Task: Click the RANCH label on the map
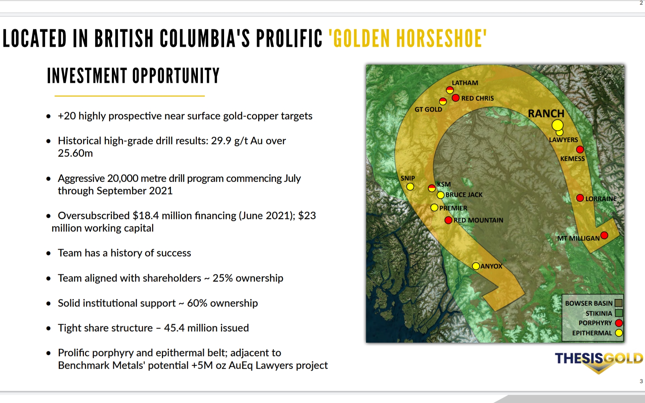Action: (x=546, y=114)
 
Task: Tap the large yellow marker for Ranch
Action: (x=557, y=125)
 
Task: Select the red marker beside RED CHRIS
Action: (x=456, y=98)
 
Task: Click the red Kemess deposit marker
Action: (x=580, y=149)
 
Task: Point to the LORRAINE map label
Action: (x=601, y=198)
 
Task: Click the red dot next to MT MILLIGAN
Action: (x=604, y=235)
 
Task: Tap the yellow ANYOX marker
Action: (x=476, y=266)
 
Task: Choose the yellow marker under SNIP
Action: (x=410, y=187)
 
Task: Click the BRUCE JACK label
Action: (x=464, y=195)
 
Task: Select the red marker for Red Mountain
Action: (x=448, y=220)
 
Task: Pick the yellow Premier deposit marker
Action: (x=434, y=208)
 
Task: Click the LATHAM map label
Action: (x=465, y=83)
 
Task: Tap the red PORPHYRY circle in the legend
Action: (x=619, y=323)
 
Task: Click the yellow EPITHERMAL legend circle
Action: (x=619, y=333)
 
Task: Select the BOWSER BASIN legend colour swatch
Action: (x=618, y=303)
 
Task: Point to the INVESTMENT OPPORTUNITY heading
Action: (x=133, y=76)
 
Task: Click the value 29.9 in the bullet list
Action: (x=221, y=141)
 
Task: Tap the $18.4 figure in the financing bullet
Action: (x=146, y=216)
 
